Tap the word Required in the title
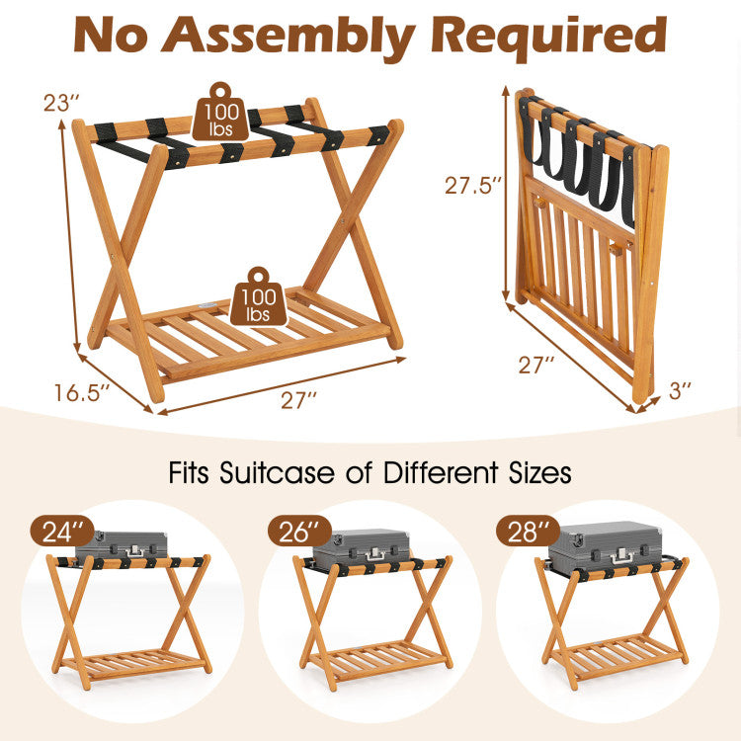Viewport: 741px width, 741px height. pyautogui.click(x=549, y=36)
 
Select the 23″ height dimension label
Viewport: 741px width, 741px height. pyautogui.click(x=61, y=103)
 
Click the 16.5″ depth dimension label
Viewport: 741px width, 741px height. pyautogui.click(x=81, y=392)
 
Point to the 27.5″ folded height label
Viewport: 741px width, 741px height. pyautogui.click(x=472, y=186)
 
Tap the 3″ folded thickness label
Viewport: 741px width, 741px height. pyautogui.click(x=681, y=391)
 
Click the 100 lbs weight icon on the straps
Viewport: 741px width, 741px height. pyautogui.click(x=220, y=112)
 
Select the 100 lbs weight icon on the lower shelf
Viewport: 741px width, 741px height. pyautogui.click(x=259, y=296)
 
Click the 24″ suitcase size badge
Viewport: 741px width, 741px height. pyautogui.click(x=63, y=532)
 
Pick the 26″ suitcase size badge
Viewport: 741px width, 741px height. pyautogui.click(x=299, y=532)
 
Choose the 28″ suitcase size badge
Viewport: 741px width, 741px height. pyautogui.click(x=529, y=532)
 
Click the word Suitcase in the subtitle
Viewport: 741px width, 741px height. pyautogui.click(x=277, y=472)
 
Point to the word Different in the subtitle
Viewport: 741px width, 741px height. pyautogui.click(x=441, y=472)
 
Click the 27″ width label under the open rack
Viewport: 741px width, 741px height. pyautogui.click(x=298, y=400)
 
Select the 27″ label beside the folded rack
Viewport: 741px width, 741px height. pyautogui.click(x=536, y=365)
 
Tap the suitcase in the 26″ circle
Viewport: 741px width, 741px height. pyautogui.click(x=362, y=545)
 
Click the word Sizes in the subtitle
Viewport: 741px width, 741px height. pyautogui.click(x=539, y=472)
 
